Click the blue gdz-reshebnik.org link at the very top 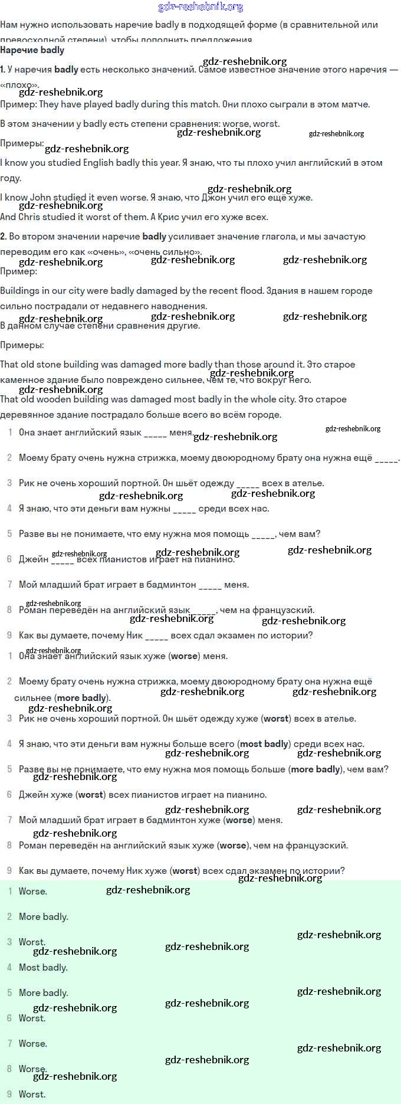[x=200, y=7]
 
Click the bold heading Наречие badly [x=32, y=51]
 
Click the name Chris [x=29, y=217]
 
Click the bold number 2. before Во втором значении [x=4, y=237]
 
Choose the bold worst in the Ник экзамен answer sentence [x=185, y=871]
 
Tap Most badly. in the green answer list [x=43, y=968]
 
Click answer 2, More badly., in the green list [x=43, y=917]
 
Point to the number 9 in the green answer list [x=9, y=1095]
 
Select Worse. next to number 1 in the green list [x=33, y=892]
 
